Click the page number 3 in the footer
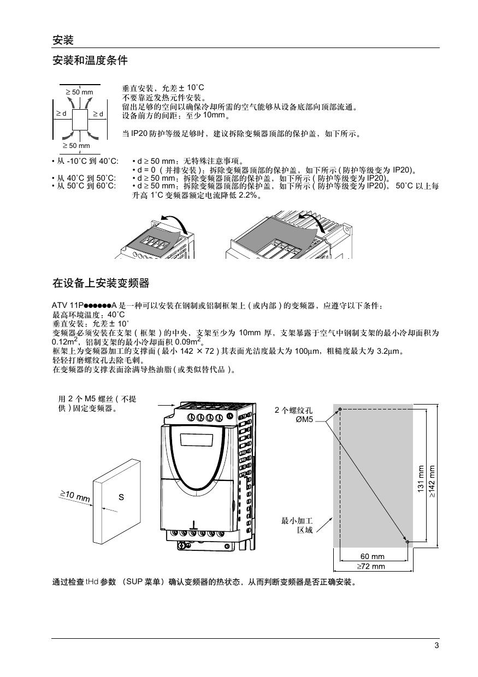click(x=436, y=645)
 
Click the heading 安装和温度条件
click(x=90, y=61)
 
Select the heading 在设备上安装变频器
click(x=101, y=283)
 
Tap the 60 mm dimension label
click(x=372, y=556)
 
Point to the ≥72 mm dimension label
click(x=371, y=566)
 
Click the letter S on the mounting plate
click(x=121, y=497)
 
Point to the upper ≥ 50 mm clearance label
click(x=80, y=92)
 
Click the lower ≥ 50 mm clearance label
click(x=76, y=146)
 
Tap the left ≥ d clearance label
click(x=61, y=114)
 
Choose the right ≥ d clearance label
click(x=98, y=114)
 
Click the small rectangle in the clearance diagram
click(x=80, y=120)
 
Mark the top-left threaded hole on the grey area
click(x=340, y=409)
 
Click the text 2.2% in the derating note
click(x=247, y=195)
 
